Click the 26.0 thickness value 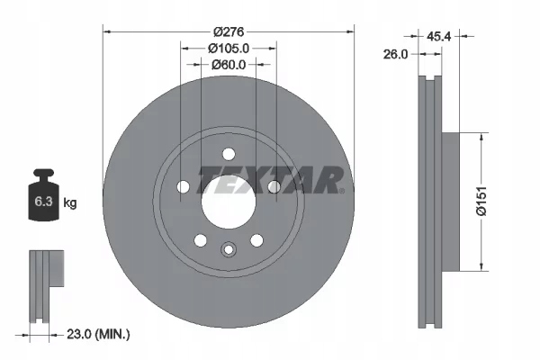pyautogui.click(x=396, y=54)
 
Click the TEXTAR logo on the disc pyautogui.click(x=269, y=180)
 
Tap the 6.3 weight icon pyautogui.click(x=41, y=202)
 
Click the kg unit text pyautogui.click(x=70, y=203)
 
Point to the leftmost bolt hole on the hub pyautogui.click(x=184, y=186)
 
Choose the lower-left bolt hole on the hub pyautogui.click(x=200, y=240)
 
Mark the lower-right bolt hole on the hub pyautogui.click(x=256, y=239)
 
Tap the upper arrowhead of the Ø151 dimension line pyautogui.click(x=483, y=136)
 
